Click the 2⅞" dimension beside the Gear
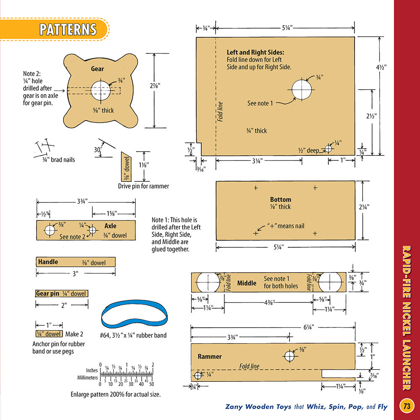pyautogui.click(x=155, y=86)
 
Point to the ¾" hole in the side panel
pyautogui.click(x=302, y=89)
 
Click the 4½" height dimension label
pyautogui.click(x=381, y=67)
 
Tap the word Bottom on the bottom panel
pyautogui.click(x=281, y=199)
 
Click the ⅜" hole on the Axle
pyautogui.click(x=50, y=230)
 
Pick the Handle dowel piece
pyautogui.click(x=76, y=262)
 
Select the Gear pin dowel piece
pyautogui.click(x=62, y=294)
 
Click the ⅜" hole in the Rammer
pyautogui.click(x=289, y=356)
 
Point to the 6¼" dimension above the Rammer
pyautogui.click(x=309, y=327)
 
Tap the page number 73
pyautogui.click(x=407, y=406)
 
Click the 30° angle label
pyautogui.click(x=98, y=150)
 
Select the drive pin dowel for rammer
pyautogui.click(x=126, y=167)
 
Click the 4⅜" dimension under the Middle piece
pyautogui.click(x=270, y=302)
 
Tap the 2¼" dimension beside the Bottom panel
pyautogui.click(x=364, y=207)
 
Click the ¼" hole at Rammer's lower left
pyautogui.click(x=198, y=375)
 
